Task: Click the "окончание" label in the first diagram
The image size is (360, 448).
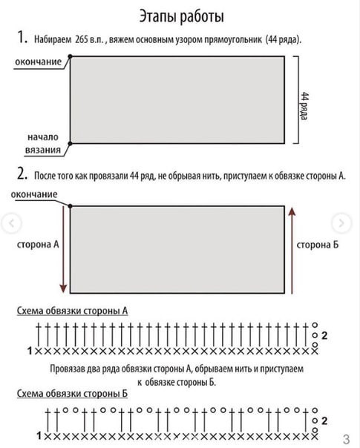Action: pos(38,62)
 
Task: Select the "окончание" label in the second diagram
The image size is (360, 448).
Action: pos(36,194)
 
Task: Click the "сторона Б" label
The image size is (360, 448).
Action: pos(318,244)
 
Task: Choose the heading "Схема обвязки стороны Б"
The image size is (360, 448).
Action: pos(73,393)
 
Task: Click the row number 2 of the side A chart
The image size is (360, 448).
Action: pos(324,336)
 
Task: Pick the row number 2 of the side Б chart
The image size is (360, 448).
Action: pos(324,420)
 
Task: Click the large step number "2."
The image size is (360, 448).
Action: pos(22,176)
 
